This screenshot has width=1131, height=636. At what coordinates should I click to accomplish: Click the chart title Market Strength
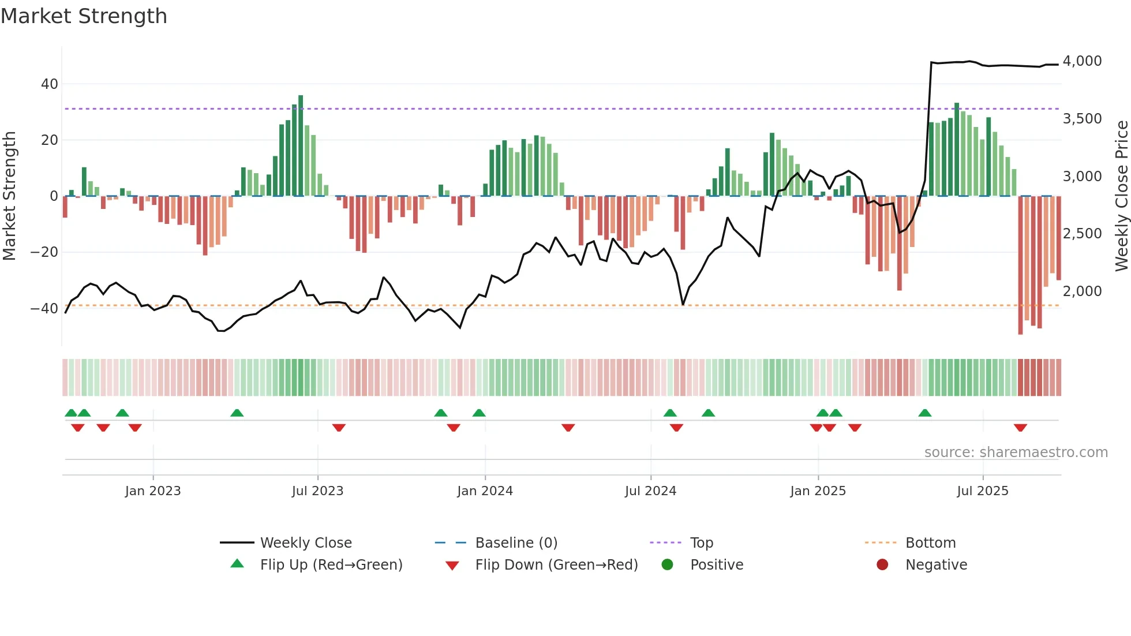click(x=84, y=16)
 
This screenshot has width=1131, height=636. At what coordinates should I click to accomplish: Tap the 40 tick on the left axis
click(x=50, y=84)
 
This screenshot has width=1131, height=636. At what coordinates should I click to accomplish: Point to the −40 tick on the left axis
click(x=44, y=308)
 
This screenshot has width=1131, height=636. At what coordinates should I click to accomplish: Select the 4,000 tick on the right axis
click(x=1082, y=61)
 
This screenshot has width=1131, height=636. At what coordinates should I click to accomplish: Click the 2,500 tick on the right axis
click(x=1082, y=234)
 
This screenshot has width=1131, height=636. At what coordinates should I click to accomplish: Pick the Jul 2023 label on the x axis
click(x=317, y=491)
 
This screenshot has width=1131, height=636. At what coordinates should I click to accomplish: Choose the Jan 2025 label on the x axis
click(x=818, y=491)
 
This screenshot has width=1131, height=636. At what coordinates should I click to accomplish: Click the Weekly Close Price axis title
click(x=1121, y=196)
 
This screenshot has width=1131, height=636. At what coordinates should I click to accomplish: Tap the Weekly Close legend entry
click(x=305, y=543)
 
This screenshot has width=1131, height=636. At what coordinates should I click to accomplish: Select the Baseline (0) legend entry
click(x=516, y=543)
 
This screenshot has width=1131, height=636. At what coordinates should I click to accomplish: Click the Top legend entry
click(x=701, y=543)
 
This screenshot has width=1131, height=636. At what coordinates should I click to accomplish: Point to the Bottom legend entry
click(x=930, y=543)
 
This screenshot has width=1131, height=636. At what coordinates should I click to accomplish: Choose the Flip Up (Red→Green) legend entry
click(x=331, y=565)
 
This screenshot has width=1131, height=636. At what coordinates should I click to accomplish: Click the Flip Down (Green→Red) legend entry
click(x=556, y=565)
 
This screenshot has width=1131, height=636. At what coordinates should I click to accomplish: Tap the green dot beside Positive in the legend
click(x=668, y=565)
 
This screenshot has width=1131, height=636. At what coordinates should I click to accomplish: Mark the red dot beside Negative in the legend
click(x=882, y=565)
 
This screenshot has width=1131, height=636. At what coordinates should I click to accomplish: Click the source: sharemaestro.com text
click(x=1016, y=452)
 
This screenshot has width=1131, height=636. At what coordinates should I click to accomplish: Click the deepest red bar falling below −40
click(x=1020, y=265)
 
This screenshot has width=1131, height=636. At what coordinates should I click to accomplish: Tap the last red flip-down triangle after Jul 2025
click(x=1020, y=428)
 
